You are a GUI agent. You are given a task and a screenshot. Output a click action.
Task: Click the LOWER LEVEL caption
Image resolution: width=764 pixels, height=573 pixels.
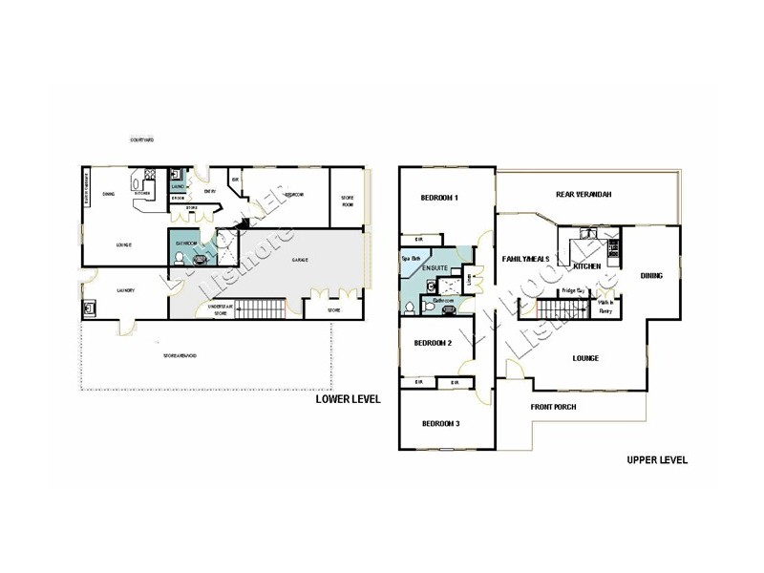(x=348, y=401)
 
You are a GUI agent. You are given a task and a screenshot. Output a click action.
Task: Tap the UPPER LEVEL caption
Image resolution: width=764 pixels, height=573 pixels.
(x=657, y=459)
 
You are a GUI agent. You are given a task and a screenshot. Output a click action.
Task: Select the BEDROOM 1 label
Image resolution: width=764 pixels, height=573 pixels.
(x=440, y=198)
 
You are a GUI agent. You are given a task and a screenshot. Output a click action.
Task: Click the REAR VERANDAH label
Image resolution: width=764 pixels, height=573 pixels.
(x=583, y=195)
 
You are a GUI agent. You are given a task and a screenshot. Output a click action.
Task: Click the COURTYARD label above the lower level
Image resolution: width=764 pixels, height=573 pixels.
(x=142, y=140)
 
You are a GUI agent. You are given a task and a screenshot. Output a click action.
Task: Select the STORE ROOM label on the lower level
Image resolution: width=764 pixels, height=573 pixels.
(x=348, y=202)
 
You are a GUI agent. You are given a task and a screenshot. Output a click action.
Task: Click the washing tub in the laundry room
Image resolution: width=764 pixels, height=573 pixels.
(x=91, y=308)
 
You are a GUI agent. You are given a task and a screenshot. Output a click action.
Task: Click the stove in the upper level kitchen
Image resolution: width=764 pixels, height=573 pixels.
(x=612, y=249)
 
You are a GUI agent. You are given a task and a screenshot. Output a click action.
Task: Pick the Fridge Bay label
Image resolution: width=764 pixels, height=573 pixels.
(x=573, y=290)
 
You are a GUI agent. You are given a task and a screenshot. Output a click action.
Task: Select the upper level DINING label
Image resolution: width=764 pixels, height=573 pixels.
(x=651, y=276)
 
